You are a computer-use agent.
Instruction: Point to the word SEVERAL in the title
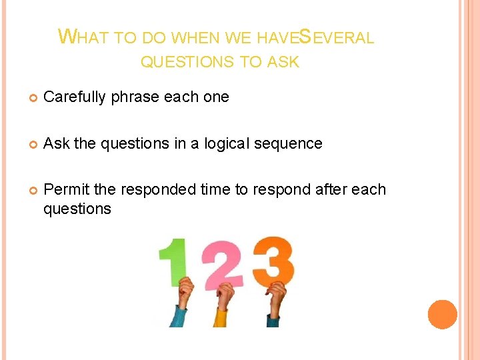click(336, 37)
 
